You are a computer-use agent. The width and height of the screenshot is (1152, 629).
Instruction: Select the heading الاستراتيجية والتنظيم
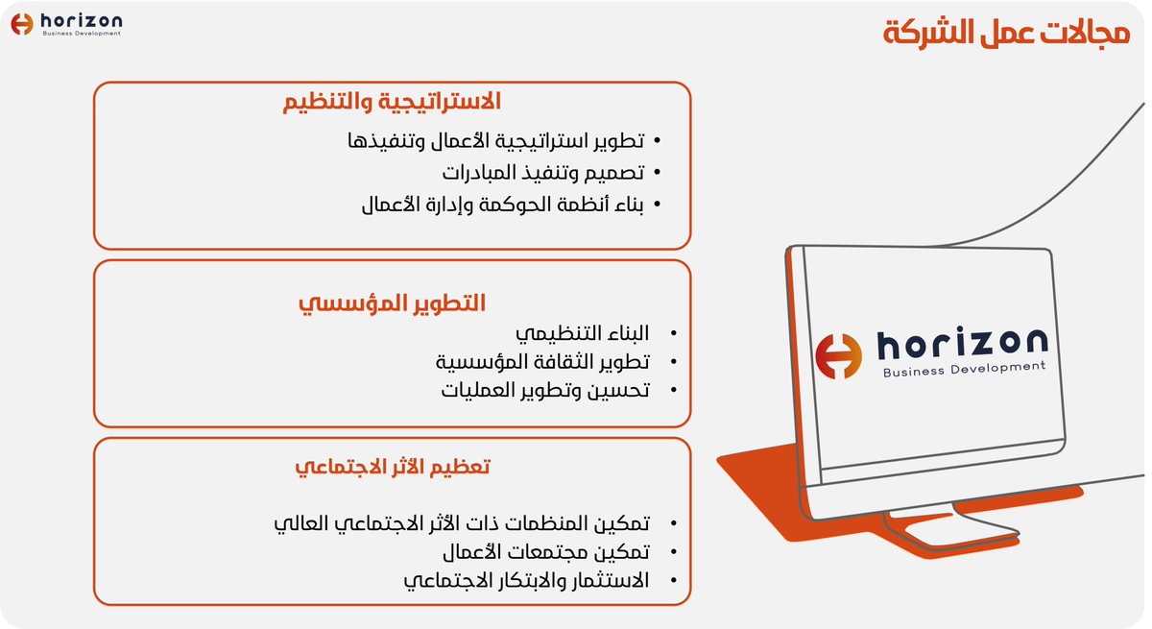392,101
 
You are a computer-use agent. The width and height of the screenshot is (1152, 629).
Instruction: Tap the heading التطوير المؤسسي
392,304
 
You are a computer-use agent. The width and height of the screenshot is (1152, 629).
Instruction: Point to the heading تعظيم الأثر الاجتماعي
392,468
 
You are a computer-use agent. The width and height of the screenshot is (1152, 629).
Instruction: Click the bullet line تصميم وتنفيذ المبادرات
542,174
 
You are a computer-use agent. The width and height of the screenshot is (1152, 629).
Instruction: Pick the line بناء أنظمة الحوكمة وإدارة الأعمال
502,205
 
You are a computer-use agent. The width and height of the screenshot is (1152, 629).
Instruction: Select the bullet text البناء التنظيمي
583,334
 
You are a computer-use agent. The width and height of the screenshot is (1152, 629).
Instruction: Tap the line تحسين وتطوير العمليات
544,391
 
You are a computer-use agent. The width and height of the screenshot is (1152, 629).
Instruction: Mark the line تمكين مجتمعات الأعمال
544,553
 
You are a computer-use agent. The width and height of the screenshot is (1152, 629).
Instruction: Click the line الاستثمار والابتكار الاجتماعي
525,581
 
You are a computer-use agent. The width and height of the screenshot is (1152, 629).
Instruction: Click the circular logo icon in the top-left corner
22,23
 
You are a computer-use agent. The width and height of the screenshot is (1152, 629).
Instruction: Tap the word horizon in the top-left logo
81,19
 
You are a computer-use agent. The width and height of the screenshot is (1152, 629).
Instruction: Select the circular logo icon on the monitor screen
838,355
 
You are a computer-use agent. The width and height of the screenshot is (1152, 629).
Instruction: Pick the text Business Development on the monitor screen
963,370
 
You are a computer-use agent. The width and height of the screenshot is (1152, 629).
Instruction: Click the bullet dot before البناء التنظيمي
673,334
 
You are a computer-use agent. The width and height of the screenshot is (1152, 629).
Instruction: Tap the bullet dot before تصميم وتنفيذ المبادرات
657,174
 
